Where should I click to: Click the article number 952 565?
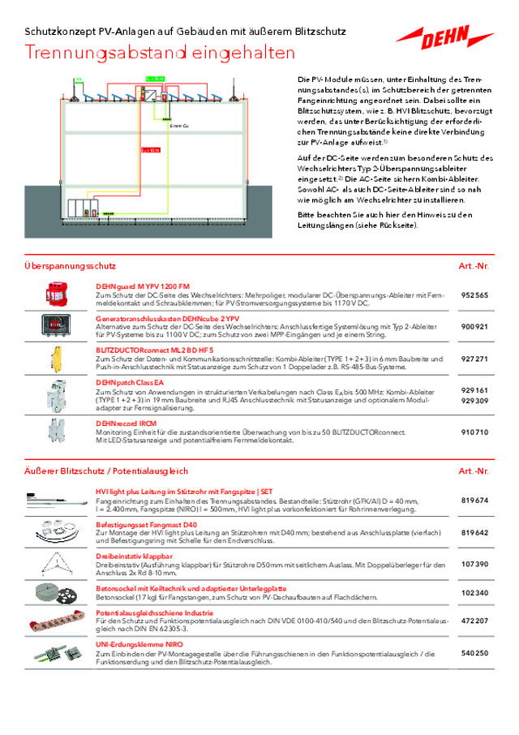tap(474, 296)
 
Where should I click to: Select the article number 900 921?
tap(474, 327)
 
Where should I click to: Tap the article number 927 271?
tap(474, 359)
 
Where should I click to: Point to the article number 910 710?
tap(474, 432)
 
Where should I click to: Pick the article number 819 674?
tap(474, 501)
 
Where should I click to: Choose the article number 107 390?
tap(474, 563)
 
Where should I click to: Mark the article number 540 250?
tap(474, 652)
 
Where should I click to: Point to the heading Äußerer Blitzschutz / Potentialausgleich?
tap(106, 471)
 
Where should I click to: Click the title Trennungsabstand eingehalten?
tap(160, 54)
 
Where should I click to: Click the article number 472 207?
tap(474, 621)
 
